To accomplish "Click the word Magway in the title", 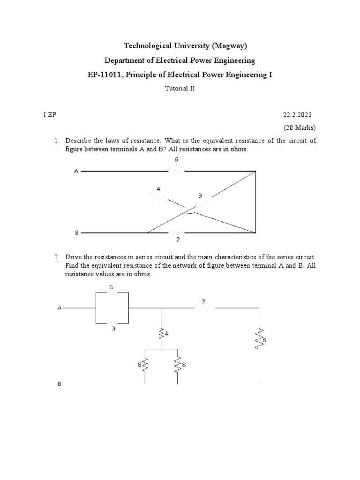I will click(x=229, y=45).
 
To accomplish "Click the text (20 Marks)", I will click(x=299, y=127).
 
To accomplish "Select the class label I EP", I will click(x=49, y=114).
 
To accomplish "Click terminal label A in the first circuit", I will click(x=76, y=172).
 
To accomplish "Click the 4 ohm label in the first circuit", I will click(x=158, y=188).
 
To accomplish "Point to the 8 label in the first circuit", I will click(x=200, y=195).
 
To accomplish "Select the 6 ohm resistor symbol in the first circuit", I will click(x=177, y=172).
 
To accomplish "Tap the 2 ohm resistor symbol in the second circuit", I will click(x=204, y=308).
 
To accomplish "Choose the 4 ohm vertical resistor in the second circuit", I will click(x=161, y=333).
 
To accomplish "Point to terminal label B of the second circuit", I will click(x=60, y=384).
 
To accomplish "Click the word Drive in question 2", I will click(x=74, y=257).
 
